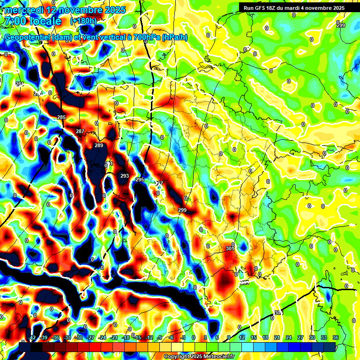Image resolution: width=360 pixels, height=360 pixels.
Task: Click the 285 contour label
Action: pyautogui.click(x=61, y=117)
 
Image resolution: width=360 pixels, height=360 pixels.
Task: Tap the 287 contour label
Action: pyautogui.click(x=80, y=131)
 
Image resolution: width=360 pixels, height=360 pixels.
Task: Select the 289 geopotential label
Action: pyautogui.click(x=99, y=146)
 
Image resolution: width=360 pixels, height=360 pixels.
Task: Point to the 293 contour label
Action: pyautogui.click(x=125, y=176)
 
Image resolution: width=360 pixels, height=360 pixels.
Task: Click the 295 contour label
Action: pyautogui.click(x=140, y=180)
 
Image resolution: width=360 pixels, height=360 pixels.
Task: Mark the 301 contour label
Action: pyautogui.click(x=230, y=248)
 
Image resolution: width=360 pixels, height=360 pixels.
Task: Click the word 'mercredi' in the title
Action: pyautogui.click(x=24, y=9)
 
